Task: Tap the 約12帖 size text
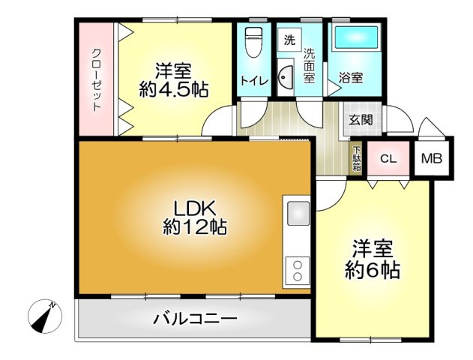click(x=195, y=226)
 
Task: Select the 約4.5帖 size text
click(x=174, y=89)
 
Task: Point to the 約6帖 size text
click(x=372, y=268)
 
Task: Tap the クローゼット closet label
click(x=96, y=80)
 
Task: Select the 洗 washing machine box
click(x=289, y=40)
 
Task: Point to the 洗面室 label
click(x=310, y=65)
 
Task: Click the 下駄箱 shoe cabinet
click(x=357, y=158)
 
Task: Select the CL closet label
click(x=388, y=159)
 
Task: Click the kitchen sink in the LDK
click(x=298, y=213)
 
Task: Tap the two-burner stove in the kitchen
click(x=298, y=270)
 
